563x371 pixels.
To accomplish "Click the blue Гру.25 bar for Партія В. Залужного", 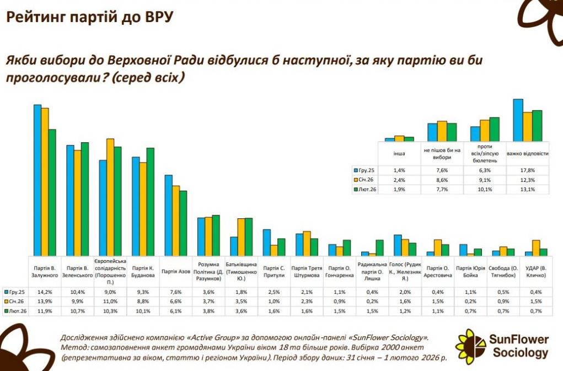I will tap(37, 180).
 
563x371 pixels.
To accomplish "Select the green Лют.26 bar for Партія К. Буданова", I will tap(151, 202).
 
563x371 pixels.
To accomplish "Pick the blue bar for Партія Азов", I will tap(169, 216).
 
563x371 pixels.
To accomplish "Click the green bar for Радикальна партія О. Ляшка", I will tap(379, 248).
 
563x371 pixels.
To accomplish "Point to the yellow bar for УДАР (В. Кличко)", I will tap(535, 248).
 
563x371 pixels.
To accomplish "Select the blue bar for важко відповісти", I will tap(518, 120).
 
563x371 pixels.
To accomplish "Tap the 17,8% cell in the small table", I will tap(528, 170).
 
